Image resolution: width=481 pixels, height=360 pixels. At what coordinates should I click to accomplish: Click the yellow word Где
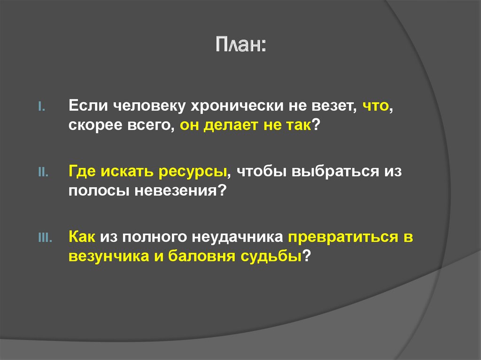point(82,172)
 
